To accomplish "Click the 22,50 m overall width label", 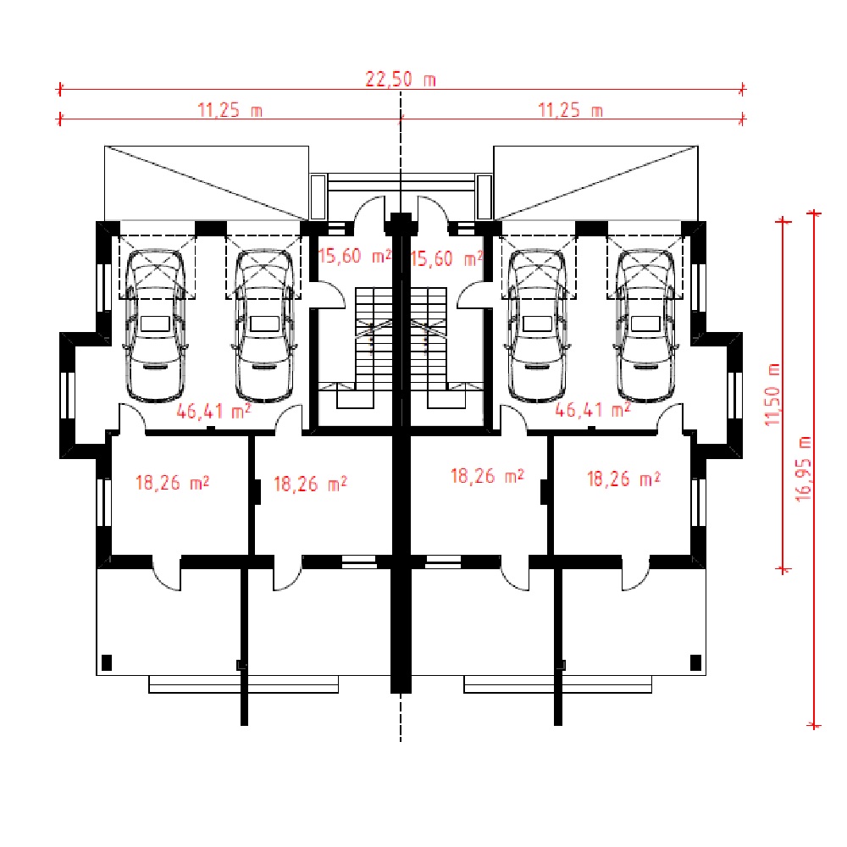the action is pyautogui.click(x=401, y=80).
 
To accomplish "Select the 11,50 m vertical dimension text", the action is pyautogui.click(x=773, y=395).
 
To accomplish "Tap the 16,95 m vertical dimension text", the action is pyautogui.click(x=804, y=469).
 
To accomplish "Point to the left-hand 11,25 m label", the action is pyautogui.click(x=230, y=110).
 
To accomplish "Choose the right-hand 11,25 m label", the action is pyautogui.click(x=570, y=110).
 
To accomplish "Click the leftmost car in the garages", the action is pyautogui.click(x=155, y=325).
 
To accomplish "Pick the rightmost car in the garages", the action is pyautogui.click(x=645, y=325).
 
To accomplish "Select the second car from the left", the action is pyautogui.click(x=264, y=325).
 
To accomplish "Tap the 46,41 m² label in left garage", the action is pyautogui.click(x=214, y=411).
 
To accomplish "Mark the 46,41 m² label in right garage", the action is pyautogui.click(x=593, y=409).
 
